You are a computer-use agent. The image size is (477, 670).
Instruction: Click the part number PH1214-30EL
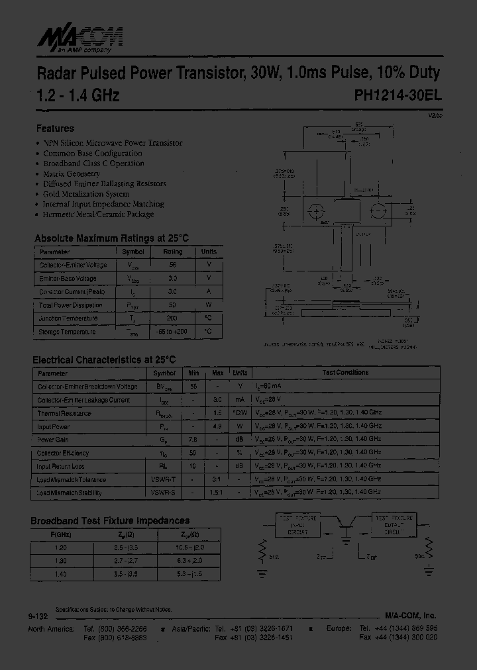398,95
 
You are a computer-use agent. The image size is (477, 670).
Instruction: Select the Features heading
55,128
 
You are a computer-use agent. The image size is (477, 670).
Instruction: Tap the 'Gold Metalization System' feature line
86,194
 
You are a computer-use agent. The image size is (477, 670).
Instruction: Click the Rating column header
173,252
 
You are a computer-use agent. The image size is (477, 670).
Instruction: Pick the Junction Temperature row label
69,318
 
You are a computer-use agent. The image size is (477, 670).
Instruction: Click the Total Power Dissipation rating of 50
173,305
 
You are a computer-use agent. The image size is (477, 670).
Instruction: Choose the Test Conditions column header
345,373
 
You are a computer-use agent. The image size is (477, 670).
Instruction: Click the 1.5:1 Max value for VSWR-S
217,493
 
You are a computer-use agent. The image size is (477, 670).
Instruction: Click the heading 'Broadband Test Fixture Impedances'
110,521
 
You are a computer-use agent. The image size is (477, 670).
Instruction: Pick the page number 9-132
38,616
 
